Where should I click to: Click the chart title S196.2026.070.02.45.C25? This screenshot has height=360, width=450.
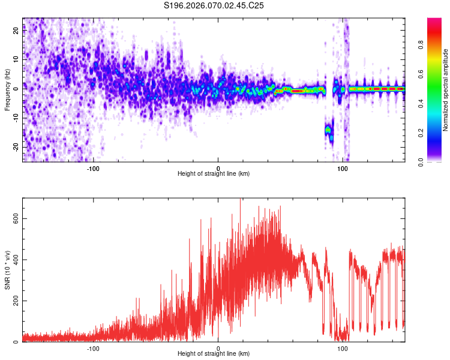click(214, 6)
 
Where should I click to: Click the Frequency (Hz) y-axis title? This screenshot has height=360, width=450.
click(7, 89)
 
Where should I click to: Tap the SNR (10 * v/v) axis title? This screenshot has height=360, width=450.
click(7, 270)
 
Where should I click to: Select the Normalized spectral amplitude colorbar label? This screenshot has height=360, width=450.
click(446, 90)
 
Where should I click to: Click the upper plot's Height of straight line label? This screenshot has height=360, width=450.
click(214, 174)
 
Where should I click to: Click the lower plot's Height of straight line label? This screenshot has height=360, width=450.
click(214, 354)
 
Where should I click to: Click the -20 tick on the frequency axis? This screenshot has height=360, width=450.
click(16, 147)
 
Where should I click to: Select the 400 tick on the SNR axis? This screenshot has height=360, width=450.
click(15, 259)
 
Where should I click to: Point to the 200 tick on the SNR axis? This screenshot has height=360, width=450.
click(15, 301)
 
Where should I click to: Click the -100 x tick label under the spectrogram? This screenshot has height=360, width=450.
click(93, 168)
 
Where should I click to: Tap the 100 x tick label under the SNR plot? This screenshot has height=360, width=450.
click(343, 348)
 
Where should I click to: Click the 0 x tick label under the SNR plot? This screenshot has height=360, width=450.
click(218, 348)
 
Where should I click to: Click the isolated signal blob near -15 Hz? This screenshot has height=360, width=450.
click(328, 130)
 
